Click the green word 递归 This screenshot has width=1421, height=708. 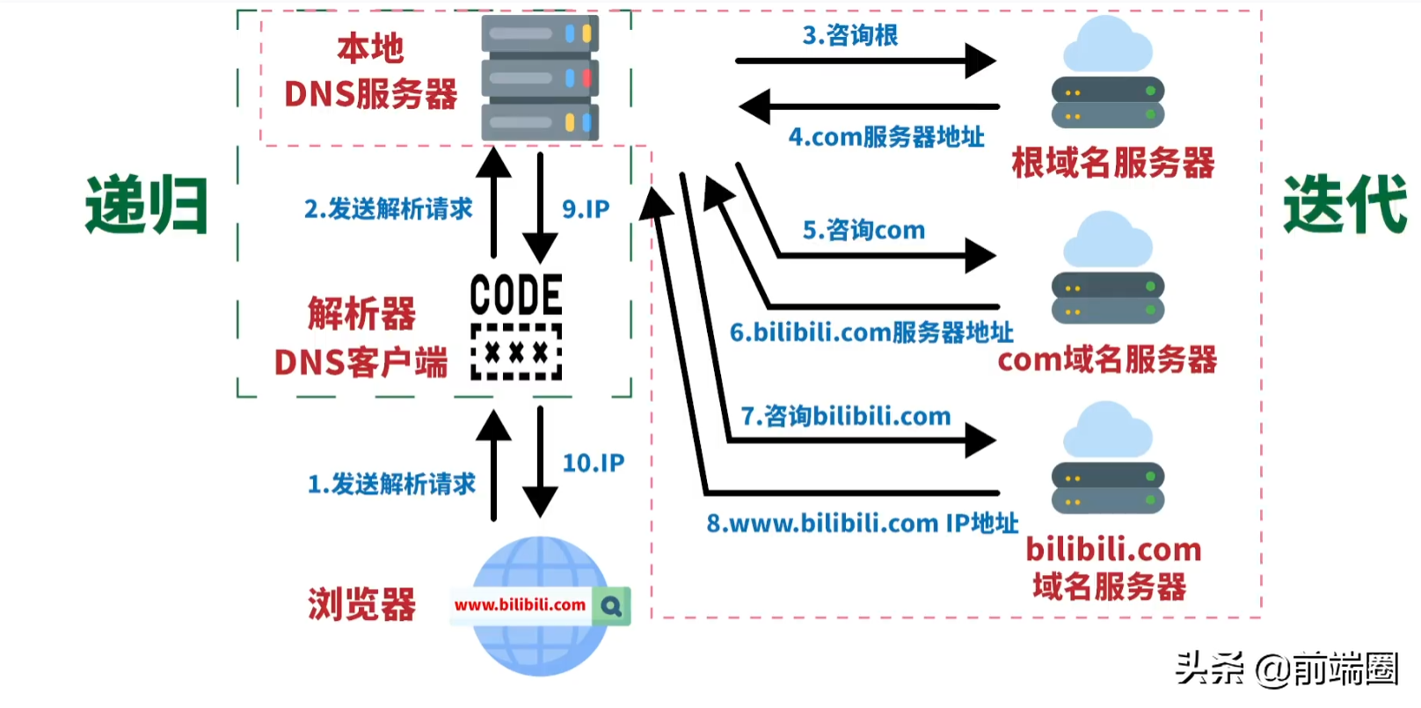(146, 205)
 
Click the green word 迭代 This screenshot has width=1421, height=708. (1344, 205)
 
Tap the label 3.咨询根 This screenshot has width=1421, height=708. (849, 35)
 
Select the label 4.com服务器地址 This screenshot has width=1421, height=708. (885, 137)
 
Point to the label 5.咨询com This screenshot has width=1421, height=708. (864, 230)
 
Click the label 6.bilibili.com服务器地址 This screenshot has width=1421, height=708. (871, 332)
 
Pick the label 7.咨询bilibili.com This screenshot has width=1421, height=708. (845, 416)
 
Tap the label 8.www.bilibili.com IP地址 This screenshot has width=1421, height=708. (862, 523)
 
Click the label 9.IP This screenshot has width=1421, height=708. (586, 209)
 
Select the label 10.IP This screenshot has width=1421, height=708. (594, 463)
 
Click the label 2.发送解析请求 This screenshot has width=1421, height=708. (388, 209)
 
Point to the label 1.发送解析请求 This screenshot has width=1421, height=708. (391, 484)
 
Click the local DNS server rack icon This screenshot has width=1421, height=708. (540, 77)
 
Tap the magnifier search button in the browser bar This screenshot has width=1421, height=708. (611, 606)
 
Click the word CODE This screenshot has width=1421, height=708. (516, 295)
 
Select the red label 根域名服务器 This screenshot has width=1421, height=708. (1112, 163)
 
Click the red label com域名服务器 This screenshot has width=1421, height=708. (1107, 359)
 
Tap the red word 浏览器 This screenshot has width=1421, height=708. (361, 605)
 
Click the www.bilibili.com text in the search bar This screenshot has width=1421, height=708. (520, 605)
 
